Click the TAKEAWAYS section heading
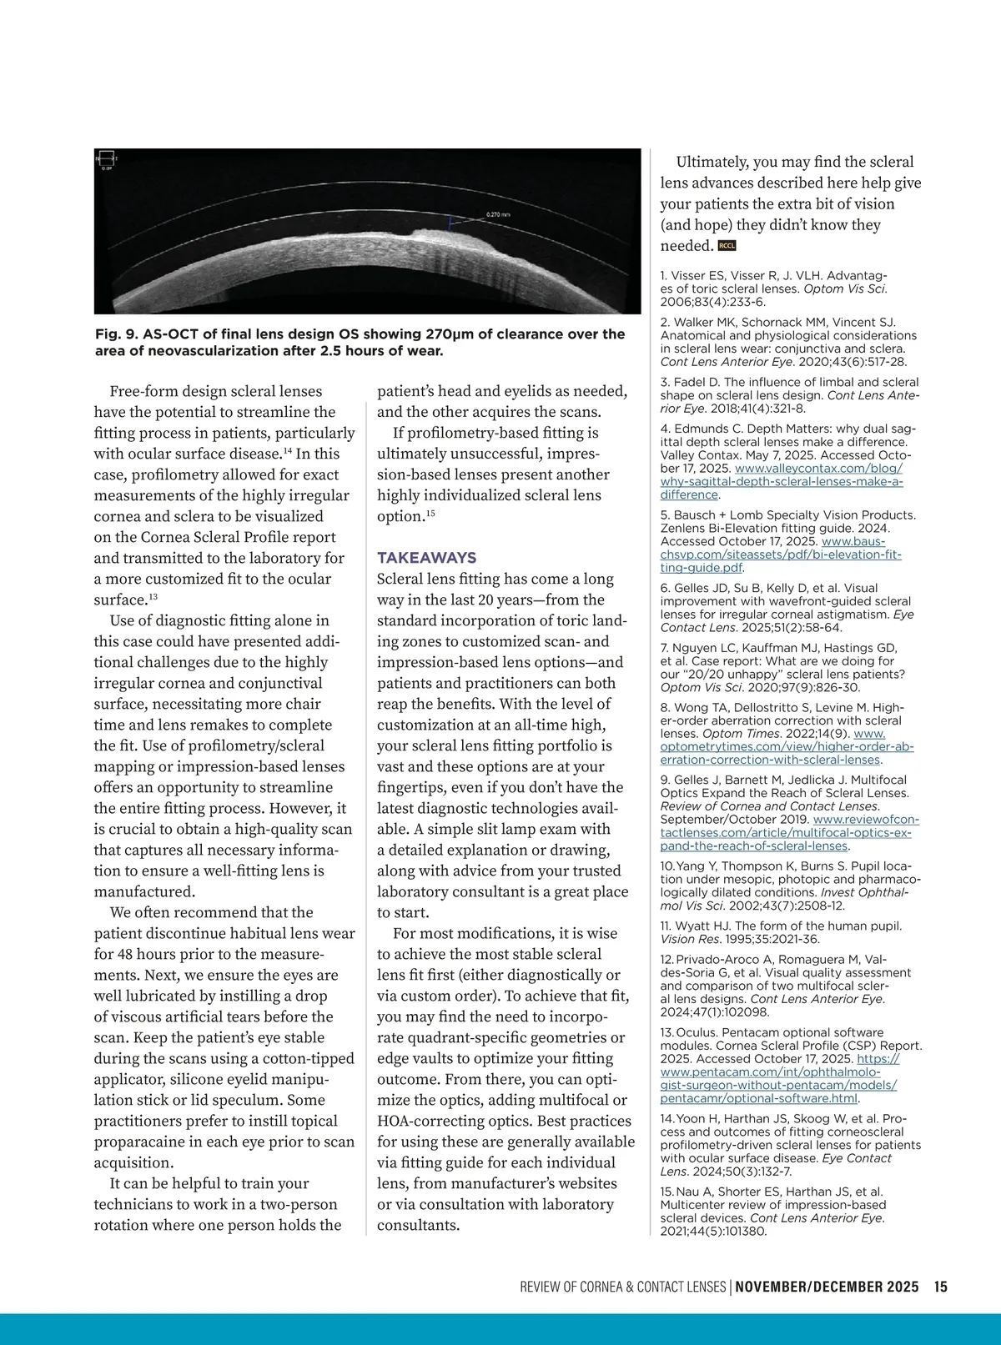pyautogui.click(x=426, y=558)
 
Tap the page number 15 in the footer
pyautogui.click(x=940, y=1287)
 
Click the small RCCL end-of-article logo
pyautogui.click(x=727, y=246)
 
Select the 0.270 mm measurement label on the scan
pyautogui.click(x=498, y=215)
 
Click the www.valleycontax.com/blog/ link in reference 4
pyautogui.click(x=818, y=469)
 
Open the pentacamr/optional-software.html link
pyautogui.click(x=758, y=1098)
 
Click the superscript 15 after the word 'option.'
pyautogui.click(x=430, y=514)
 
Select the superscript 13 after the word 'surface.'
pyautogui.click(x=153, y=597)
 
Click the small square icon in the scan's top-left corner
pyautogui.click(x=106, y=158)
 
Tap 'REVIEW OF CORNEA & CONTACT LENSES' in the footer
pyautogui.click(x=622, y=1287)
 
